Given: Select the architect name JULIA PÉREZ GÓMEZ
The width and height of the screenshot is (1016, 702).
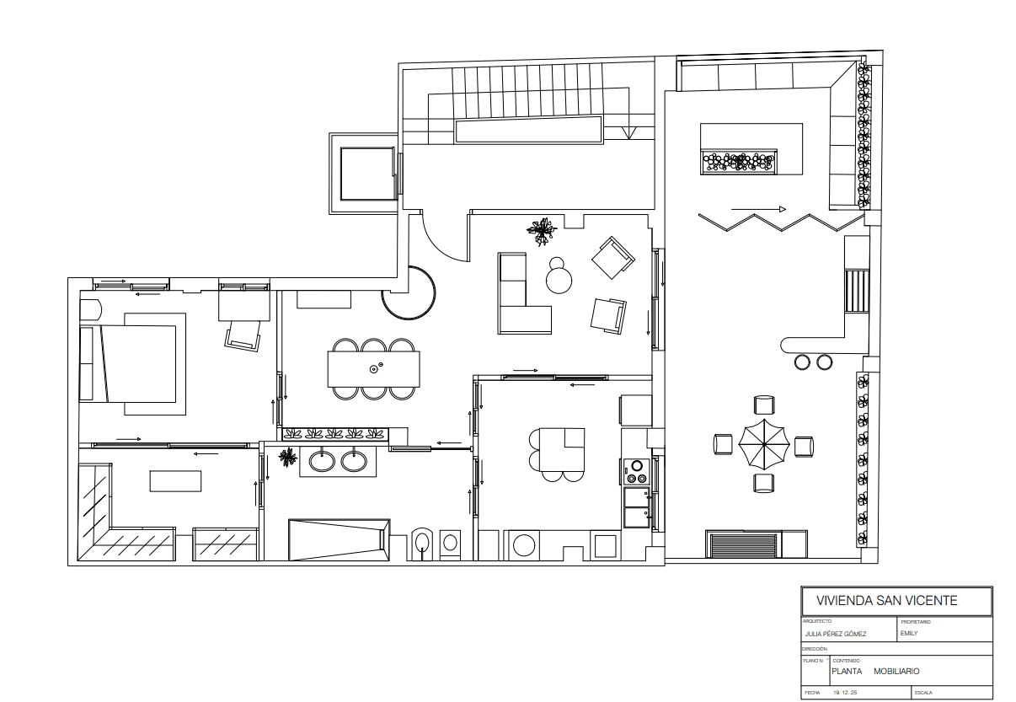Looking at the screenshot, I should coord(836,634).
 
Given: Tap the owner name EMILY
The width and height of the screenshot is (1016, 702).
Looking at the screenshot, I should coord(909,633).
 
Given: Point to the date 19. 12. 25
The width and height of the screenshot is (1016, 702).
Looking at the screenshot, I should coord(845,693).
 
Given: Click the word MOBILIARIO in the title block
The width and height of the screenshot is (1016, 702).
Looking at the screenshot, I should coord(896,672).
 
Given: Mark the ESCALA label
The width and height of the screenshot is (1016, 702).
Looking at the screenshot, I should coord(922,693).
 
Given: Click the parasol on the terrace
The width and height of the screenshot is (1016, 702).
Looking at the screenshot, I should coord(763,444).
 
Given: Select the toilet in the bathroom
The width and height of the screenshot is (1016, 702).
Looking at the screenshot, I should coord(421,542).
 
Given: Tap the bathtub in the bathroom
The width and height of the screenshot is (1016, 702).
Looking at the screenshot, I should coord(339,539).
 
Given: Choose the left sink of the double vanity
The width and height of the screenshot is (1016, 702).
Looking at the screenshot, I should coord(322,461).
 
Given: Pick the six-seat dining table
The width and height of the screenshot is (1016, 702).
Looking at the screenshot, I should coord(373,368).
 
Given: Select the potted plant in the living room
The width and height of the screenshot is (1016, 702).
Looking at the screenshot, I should coord(543,229).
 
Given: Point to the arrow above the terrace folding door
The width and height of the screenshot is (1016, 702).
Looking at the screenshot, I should coord(758,209).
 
